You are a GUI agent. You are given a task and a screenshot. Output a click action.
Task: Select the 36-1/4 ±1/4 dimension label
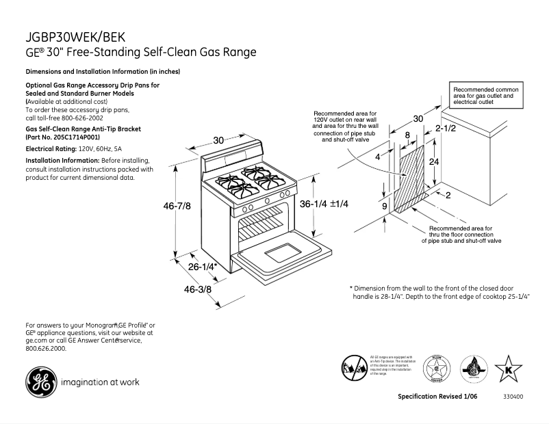(324, 204)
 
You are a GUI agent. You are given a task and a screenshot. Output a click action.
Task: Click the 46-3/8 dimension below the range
(198, 290)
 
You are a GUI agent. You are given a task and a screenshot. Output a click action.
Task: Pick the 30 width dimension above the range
(218, 140)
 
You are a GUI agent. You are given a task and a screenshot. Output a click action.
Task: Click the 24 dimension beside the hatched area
(433, 162)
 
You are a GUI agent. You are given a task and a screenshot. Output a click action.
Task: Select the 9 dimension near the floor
(384, 206)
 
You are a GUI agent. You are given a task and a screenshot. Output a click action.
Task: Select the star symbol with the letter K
(507, 369)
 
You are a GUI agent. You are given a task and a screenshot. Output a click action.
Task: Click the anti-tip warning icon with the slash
(355, 369)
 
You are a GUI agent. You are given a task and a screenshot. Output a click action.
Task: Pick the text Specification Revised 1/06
(438, 397)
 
